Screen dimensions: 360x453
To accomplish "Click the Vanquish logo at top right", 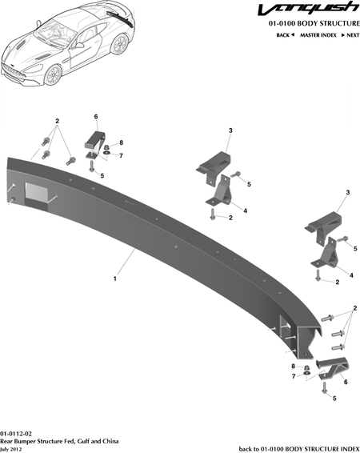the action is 309,9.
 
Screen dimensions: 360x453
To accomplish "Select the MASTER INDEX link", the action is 318,35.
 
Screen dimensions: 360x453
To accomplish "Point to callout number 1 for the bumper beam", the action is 115,279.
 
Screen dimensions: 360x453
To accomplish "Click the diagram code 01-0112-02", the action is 16,434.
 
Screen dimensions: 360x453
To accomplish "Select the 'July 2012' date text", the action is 11,450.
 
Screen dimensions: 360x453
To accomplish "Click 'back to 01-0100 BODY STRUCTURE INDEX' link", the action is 299,449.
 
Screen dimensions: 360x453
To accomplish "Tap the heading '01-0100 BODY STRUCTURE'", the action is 314,23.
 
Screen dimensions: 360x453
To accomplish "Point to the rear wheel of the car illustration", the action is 120,45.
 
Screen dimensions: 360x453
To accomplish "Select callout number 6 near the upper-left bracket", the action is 96,116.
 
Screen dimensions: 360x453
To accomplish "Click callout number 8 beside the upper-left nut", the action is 122,142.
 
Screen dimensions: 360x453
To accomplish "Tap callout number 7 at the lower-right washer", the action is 294,376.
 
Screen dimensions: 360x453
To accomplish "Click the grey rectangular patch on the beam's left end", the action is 37,191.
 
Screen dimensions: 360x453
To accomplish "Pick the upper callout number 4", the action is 245,210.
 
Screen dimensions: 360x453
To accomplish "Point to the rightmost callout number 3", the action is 348,192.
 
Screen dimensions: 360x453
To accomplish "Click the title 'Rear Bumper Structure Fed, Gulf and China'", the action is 59,442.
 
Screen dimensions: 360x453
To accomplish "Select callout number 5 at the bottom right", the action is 334,399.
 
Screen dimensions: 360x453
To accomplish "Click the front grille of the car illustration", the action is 12,72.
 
